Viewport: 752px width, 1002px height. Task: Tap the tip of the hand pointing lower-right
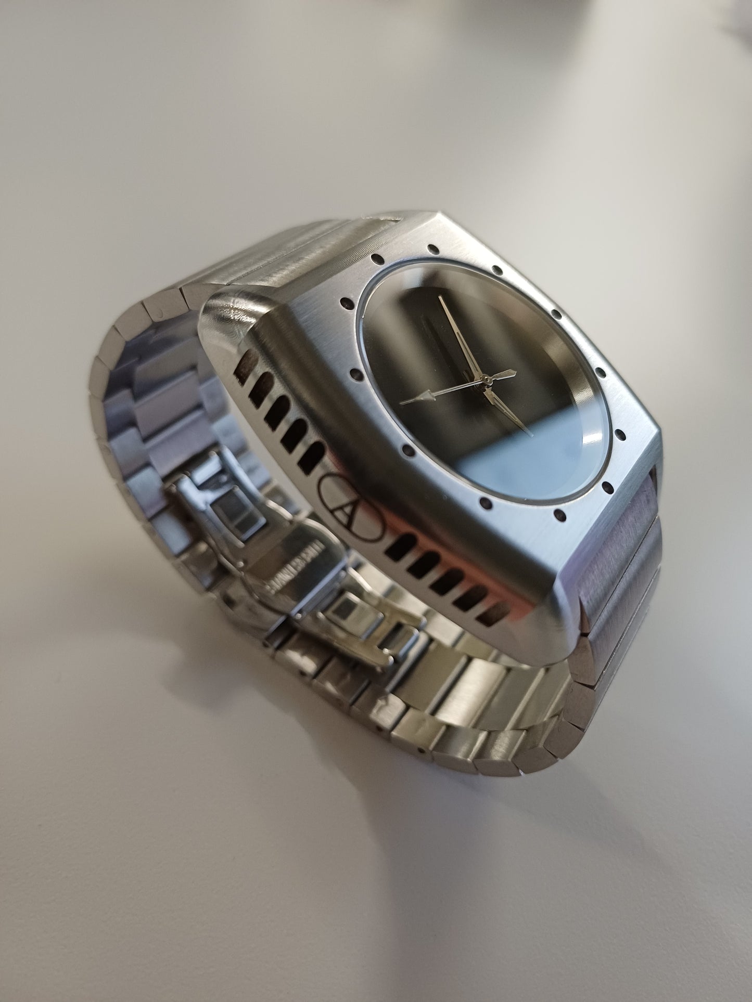tap(529, 433)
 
